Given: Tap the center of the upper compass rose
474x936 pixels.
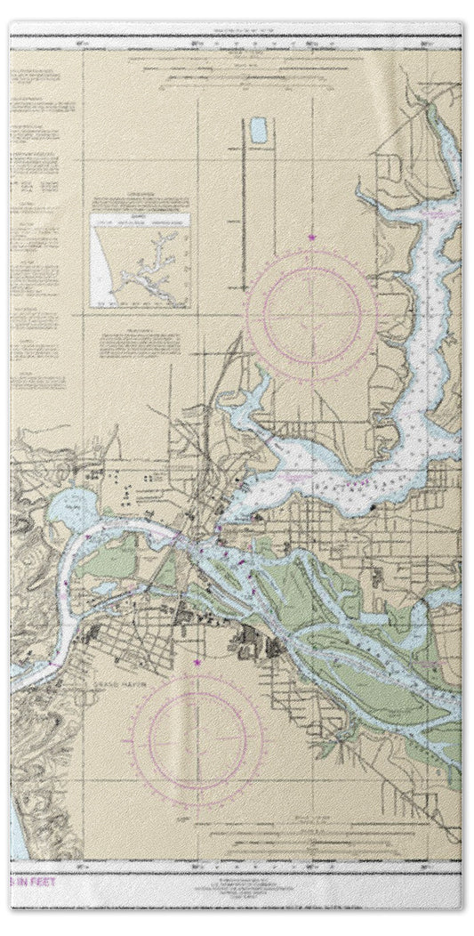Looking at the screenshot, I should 311,313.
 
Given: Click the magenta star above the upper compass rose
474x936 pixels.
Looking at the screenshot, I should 311,238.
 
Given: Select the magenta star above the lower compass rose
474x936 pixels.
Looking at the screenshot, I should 197,661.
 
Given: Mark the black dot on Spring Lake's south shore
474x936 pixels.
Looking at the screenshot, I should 374,506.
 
